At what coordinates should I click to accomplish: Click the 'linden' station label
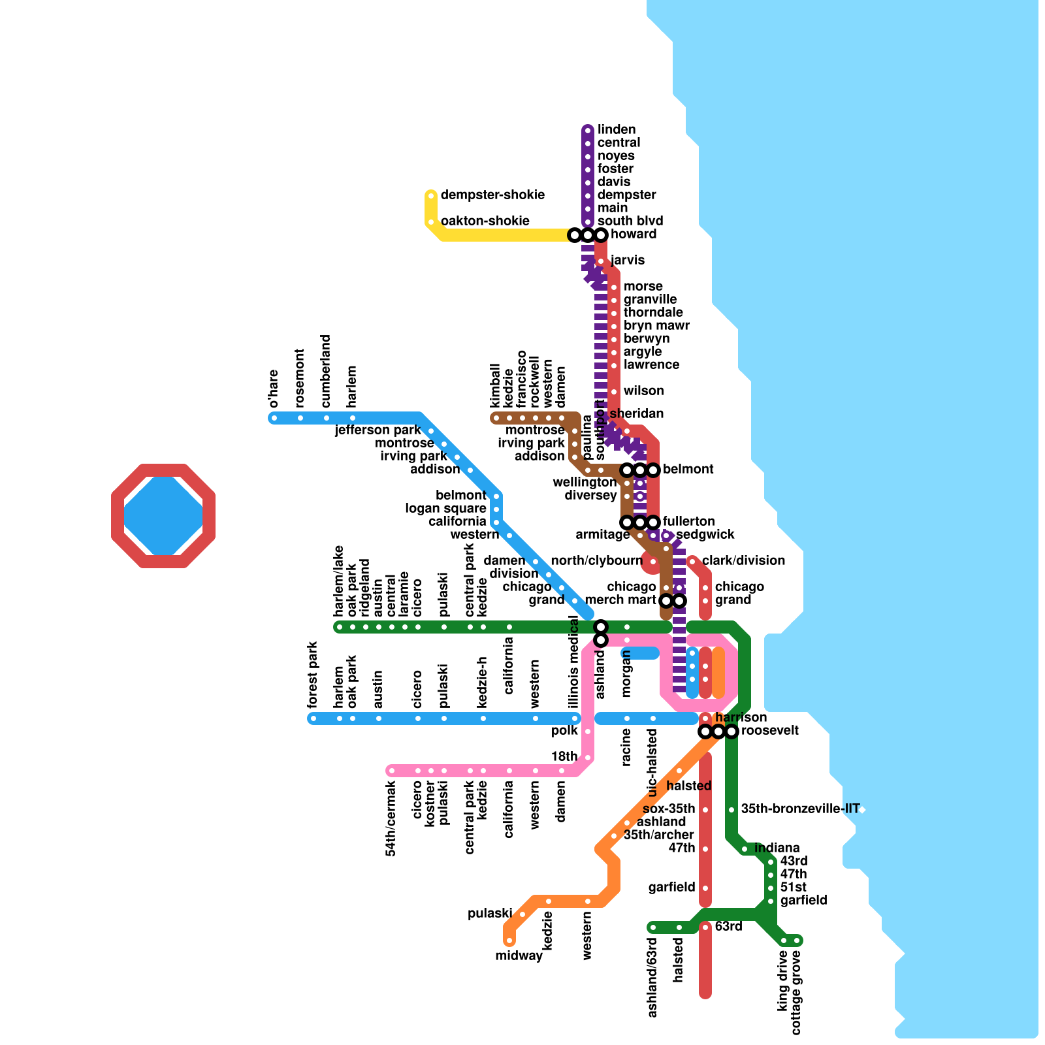point(616,130)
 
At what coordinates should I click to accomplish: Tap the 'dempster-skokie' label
point(492,195)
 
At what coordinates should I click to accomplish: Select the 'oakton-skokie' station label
point(485,221)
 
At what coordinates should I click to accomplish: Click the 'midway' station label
point(519,956)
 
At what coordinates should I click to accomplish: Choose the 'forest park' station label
point(313,675)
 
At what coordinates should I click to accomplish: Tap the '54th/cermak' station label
point(391,818)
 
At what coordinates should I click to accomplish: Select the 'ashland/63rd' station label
point(652,978)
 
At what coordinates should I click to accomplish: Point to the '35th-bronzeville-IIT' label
point(800,809)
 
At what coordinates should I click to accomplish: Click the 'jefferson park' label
point(378,430)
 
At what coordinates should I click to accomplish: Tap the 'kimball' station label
point(496,385)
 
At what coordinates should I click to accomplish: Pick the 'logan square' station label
point(445,509)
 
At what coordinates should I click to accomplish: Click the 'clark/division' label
point(743,561)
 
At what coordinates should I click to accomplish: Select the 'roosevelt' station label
point(769,731)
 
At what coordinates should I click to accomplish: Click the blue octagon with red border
point(163,516)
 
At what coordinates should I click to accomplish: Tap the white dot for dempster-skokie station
point(431,196)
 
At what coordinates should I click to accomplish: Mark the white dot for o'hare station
point(274,418)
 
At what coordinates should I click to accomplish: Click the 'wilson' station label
point(643,391)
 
